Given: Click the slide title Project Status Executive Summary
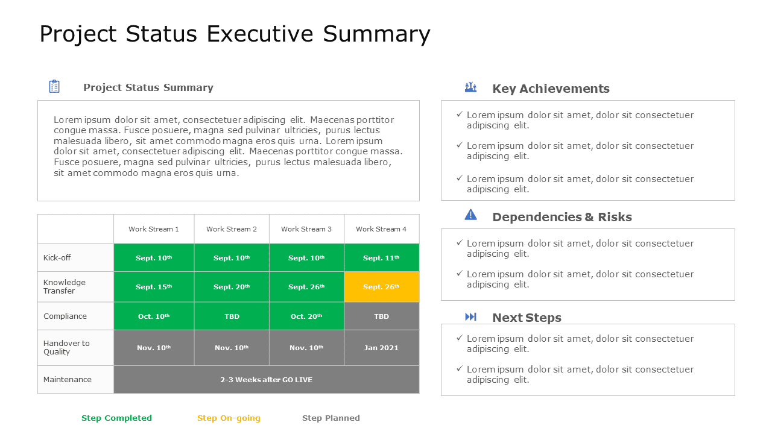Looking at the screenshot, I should [x=235, y=34].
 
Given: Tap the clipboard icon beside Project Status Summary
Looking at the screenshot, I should [x=54, y=87].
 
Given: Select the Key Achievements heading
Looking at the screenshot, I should [x=550, y=89].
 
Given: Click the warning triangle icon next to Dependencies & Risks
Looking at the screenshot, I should [x=470, y=215].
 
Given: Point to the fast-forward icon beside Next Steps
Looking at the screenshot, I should [x=470, y=317].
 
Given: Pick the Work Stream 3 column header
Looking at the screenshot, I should [x=306, y=229].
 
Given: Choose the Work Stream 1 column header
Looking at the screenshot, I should [x=154, y=229].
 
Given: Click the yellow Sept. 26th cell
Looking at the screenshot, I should [x=381, y=287].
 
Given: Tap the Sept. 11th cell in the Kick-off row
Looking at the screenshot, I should [x=381, y=258].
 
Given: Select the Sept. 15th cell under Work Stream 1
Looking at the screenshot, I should [x=154, y=287].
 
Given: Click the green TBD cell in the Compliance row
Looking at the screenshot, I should [x=232, y=316].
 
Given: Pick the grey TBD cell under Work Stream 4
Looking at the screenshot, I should [x=381, y=316].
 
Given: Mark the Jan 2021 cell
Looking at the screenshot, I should [x=381, y=348].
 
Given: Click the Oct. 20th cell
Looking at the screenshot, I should [x=306, y=316].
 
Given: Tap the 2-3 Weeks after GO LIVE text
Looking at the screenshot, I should [x=266, y=380].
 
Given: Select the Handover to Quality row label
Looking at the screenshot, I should [x=66, y=348].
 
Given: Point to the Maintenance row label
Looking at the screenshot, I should [x=68, y=380].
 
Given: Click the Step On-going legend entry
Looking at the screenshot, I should [x=229, y=418].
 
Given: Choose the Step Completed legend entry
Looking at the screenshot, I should [x=116, y=418].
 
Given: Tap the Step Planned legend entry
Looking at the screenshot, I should [x=331, y=418].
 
